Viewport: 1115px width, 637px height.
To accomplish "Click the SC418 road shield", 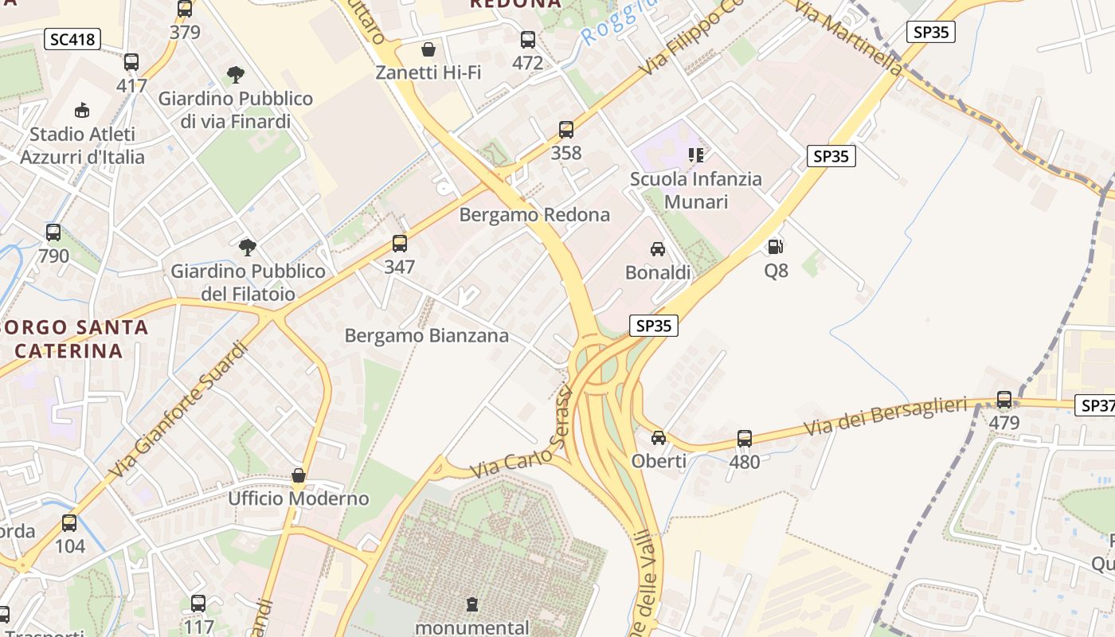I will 72,39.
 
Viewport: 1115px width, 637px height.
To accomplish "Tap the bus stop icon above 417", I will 131,62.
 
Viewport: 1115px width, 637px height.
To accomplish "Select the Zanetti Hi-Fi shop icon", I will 428,49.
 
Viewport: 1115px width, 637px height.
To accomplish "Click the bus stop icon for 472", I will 527,40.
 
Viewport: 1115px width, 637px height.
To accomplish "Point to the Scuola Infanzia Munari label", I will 695,190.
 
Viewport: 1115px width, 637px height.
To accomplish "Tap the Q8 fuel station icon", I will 776,247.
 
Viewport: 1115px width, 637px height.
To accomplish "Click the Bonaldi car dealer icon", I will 658,249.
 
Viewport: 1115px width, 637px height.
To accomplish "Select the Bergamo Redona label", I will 534,215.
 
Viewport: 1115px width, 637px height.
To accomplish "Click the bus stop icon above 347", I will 400,244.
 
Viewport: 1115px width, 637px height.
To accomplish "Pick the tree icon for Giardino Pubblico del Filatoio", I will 248,247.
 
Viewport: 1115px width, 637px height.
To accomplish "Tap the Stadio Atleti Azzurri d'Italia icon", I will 82,110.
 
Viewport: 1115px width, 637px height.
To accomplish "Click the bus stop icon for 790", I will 53,233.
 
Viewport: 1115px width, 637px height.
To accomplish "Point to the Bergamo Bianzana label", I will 426,336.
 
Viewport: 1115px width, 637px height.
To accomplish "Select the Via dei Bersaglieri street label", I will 889,416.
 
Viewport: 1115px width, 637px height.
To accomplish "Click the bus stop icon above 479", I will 1004,400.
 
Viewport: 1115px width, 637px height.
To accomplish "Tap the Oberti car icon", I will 659,438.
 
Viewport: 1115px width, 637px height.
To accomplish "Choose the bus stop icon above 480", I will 745,438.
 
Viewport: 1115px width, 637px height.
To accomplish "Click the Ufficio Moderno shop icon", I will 299,475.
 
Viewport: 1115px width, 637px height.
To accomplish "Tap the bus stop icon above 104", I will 69,523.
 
